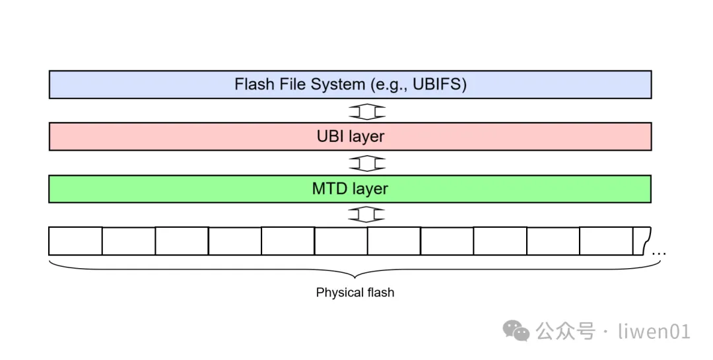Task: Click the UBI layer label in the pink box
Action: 350,137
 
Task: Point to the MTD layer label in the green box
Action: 350,189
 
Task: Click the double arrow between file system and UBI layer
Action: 366,110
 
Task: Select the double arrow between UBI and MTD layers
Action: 366,162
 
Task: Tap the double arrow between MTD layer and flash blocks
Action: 366,215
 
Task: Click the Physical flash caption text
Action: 355,293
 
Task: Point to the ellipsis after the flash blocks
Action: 659,253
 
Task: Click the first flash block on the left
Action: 75,241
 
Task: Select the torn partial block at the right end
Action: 642,240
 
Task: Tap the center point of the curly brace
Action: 355,274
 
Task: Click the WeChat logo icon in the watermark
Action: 516,330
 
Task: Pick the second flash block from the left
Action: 129,241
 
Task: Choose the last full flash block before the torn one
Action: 606,241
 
